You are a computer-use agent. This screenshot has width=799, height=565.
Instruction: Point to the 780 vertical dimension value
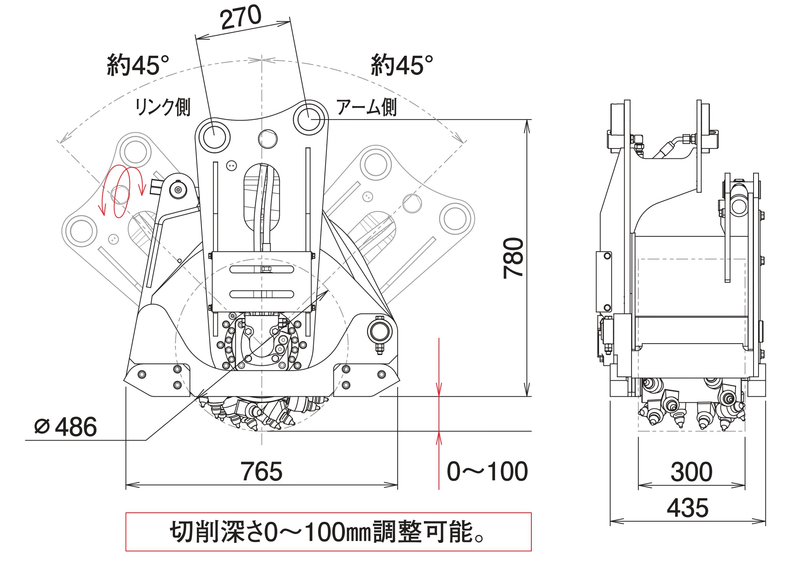pyautogui.click(x=513, y=258)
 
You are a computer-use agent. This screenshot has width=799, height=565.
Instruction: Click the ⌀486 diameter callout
pyautogui.click(x=66, y=427)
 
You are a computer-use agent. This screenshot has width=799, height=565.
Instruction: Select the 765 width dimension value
pyautogui.click(x=261, y=471)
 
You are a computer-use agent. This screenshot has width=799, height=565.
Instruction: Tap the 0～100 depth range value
pyautogui.click(x=487, y=471)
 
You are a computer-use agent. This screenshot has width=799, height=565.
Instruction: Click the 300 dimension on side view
pyautogui.click(x=691, y=472)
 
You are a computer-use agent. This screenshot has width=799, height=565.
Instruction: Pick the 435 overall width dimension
pyautogui.click(x=687, y=508)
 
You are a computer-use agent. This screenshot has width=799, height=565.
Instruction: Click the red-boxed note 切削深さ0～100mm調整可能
pyautogui.click(x=328, y=532)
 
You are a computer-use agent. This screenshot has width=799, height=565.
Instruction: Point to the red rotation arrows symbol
pyautogui.click(x=122, y=191)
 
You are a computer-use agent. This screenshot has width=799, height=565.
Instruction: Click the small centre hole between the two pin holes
pyautogui.click(x=267, y=139)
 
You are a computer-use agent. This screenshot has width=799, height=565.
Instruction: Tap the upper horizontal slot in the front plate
pyautogui.click(x=261, y=270)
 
